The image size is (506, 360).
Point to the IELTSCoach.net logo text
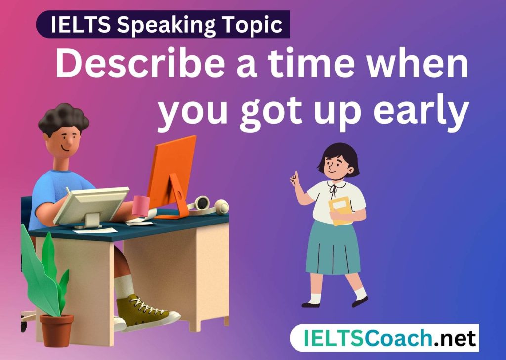390,338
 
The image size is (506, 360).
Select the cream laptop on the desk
91,207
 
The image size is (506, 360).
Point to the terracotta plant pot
56,330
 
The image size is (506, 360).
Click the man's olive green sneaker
147,312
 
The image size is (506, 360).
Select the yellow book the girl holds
340,211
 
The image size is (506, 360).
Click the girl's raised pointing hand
295,179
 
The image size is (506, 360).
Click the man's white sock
124,286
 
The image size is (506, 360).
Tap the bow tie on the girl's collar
333,191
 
